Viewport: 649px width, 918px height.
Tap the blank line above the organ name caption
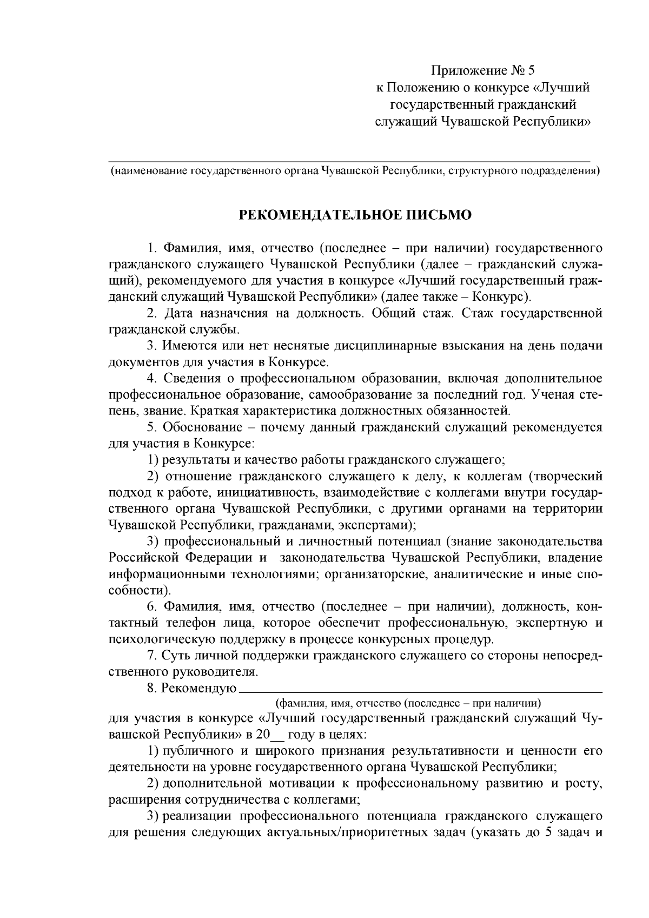[349, 160]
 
